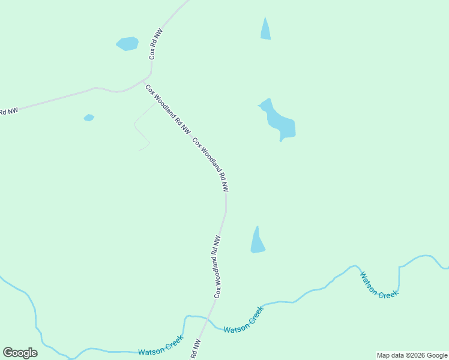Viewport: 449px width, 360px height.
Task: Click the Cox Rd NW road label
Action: pos(156,44)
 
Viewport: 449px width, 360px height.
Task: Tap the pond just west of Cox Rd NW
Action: pos(127,44)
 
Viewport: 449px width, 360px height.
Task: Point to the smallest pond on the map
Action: pos(89,118)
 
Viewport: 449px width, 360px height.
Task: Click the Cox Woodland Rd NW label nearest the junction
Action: pos(167,109)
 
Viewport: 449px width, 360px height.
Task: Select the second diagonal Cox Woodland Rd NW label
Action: pos(211,164)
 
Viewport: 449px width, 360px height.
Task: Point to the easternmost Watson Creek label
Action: pos(379,284)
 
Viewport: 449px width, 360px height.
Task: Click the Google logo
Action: pos(20,353)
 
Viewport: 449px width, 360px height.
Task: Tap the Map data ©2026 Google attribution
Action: pos(412,355)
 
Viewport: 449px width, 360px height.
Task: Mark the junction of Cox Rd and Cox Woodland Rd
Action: pos(145,79)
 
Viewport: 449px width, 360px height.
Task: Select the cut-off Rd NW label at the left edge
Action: pos(8,110)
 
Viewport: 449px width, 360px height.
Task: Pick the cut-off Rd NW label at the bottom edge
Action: pos(196,350)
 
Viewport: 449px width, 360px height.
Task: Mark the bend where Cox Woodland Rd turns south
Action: pos(226,201)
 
